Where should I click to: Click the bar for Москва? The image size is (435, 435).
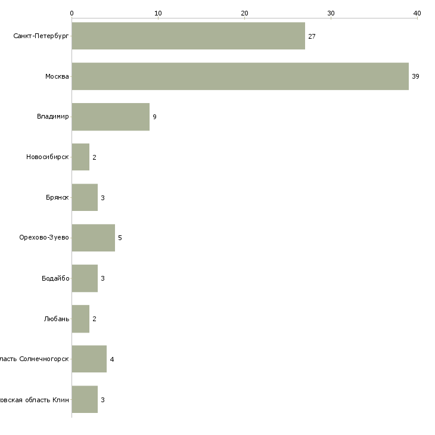240,76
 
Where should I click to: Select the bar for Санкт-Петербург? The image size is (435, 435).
188,36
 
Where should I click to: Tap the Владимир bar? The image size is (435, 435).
110,117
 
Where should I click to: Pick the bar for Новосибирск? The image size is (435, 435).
80,157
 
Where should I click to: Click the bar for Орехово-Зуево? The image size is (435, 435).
93,238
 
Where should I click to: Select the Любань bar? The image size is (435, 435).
80,319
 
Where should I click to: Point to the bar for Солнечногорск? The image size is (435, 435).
89,359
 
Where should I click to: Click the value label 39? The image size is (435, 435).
415,77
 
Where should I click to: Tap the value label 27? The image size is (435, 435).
312,37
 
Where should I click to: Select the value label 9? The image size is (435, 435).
154,117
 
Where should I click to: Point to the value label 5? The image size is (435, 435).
120,238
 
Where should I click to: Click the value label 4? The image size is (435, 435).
111,360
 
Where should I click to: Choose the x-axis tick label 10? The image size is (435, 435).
158,13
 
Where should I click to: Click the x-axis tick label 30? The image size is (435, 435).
331,13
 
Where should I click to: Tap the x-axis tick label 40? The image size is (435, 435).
417,13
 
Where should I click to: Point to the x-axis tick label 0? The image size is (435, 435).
72,13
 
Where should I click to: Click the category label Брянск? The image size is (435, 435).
57,198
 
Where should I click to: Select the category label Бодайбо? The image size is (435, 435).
55,278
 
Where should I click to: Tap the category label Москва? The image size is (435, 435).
57,77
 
